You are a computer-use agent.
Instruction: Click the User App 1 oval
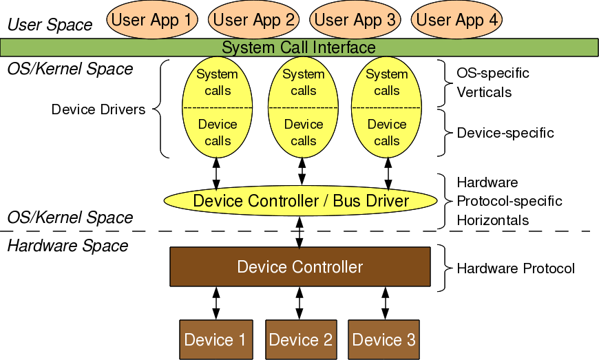151,19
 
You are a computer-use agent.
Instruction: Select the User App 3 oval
354,19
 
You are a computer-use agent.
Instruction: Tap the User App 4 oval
456,19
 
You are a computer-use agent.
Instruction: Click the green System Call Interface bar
299,47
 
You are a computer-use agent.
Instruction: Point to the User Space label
50,25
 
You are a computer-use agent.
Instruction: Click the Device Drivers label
98,109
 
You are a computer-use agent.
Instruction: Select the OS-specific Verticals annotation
493,82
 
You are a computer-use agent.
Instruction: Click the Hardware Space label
67,246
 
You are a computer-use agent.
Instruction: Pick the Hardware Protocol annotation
516,268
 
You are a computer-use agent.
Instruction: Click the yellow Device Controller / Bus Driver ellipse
301,201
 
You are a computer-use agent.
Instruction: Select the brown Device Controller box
300,266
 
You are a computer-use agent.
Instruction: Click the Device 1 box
215,339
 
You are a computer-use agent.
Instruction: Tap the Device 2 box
300,339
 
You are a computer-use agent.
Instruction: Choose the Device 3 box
383,339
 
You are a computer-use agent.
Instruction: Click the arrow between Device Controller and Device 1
216,303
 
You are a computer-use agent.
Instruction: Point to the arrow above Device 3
385,303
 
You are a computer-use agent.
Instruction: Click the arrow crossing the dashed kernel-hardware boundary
299,232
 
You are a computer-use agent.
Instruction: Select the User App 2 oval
253,19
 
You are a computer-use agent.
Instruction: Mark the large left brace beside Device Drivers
158,109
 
